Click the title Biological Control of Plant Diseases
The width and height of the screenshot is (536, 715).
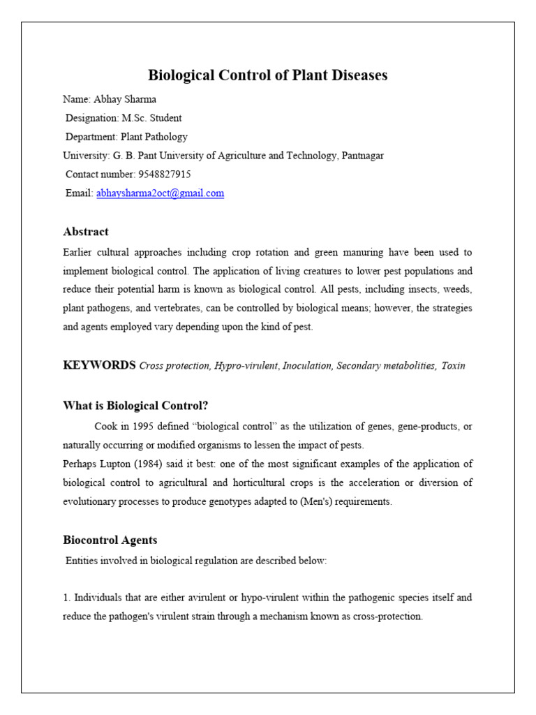coord(267,75)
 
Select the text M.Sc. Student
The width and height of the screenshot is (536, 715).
coord(151,118)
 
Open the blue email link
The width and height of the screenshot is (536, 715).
coord(160,193)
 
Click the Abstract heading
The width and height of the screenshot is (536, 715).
coord(85,232)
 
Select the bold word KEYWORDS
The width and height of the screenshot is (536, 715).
coord(99,365)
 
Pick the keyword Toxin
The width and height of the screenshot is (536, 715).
coord(453,366)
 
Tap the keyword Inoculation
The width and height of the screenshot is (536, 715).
coord(306,366)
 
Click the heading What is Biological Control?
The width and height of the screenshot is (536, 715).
coord(135,406)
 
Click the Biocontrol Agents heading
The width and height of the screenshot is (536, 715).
coord(110,540)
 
